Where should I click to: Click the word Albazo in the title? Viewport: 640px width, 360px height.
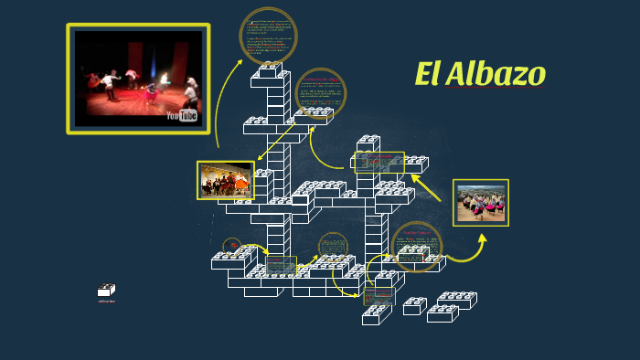[x=495, y=74]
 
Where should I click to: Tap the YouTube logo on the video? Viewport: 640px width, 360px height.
[x=182, y=115]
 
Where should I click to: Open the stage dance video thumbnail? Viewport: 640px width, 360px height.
[x=138, y=78]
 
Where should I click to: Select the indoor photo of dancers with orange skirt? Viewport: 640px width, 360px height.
[x=226, y=181]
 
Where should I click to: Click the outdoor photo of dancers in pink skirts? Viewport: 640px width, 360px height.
[x=481, y=202]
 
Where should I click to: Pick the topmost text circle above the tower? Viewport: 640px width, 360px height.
[x=268, y=36]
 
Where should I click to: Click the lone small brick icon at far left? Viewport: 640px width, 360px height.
[x=107, y=291]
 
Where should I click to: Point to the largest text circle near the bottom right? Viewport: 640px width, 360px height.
[x=417, y=246]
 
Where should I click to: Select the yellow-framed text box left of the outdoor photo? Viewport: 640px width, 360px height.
[x=379, y=162]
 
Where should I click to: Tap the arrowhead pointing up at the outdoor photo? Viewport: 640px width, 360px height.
[x=482, y=237]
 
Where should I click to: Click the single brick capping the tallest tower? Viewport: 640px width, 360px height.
[x=271, y=70]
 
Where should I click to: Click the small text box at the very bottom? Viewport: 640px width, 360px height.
[x=379, y=295]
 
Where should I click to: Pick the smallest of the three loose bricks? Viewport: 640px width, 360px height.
[x=414, y=305]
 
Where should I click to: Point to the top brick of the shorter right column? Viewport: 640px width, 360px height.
[x=368, y=143]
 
